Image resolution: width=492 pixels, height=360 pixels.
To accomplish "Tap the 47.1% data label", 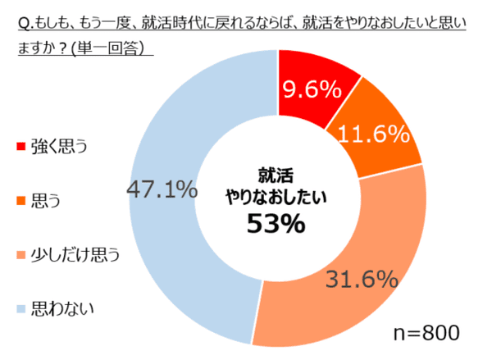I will (x=162, y=190).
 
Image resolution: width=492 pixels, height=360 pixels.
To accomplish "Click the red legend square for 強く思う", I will (x=20, y=147).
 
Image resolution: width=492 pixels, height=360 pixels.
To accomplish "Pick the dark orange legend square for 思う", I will (x=20, y=200).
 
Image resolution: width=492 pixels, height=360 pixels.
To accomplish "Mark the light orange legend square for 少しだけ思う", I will (x=20, y=255).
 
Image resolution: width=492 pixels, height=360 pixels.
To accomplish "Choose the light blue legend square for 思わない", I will (x=20, y=308).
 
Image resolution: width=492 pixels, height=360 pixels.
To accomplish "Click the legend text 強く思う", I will (x=58, y=147).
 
